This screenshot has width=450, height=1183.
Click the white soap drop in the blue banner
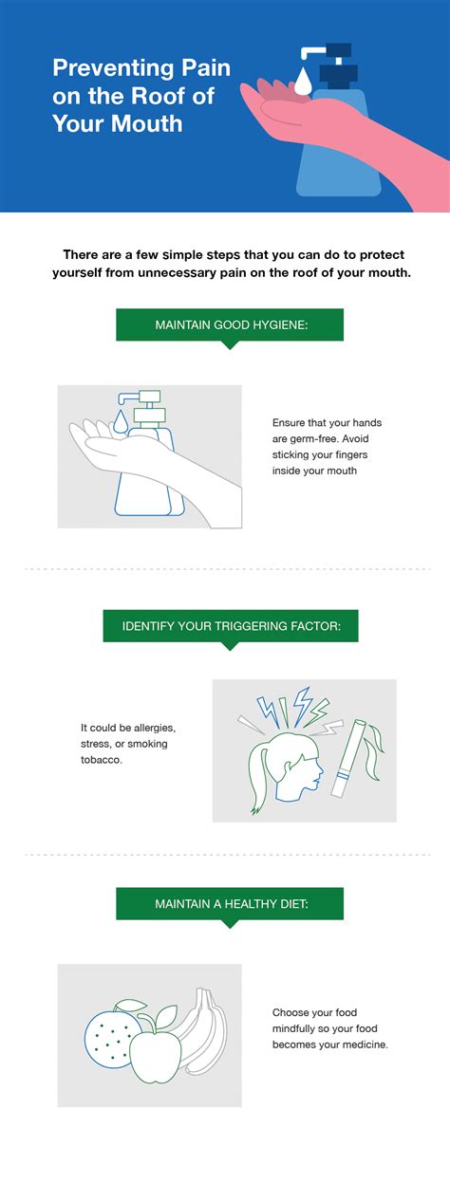pyautogui.click(x=303, y=81)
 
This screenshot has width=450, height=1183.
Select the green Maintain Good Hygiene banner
pyautogui.click(x=230, y=325)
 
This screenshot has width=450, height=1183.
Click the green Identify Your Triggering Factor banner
pyautogui.click(x=231, y=627)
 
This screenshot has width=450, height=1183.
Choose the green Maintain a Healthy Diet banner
pyautogui.click(x=230, y=904)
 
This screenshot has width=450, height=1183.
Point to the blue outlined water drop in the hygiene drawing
pyautogui.click(x=120, y=421)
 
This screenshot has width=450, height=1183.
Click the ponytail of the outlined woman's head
pyautogui.click(x=259, y=776)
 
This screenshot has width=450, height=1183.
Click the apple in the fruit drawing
pyautogui.click(x=156, y=1054)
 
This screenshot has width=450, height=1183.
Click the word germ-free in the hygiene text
pyautogui.click(x=313, y=439)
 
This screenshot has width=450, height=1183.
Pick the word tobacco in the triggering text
pyautogui.click(x=101, y=760)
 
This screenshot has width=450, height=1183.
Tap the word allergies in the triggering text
pyautogui.click(x=155, y=729)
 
